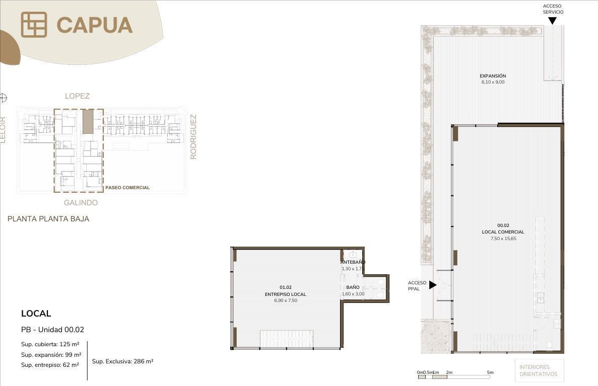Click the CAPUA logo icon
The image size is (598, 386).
(x=34, y=25)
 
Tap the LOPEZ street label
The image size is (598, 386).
(x=77, y=96)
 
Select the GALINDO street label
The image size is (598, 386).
(x=81, y=203)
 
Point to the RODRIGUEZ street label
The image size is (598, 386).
(x=193, y=137)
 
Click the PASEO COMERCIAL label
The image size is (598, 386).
(x=127, y=188)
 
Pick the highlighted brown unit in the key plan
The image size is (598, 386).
(x=88, y=122)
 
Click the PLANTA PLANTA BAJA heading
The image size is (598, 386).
(x=48, y=219)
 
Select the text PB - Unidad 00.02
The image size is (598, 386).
(x=52, y=330)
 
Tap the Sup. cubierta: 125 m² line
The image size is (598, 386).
(x=50, y=344)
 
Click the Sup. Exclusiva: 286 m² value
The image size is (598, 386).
(x=123, y=361)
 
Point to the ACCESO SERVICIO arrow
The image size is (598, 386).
(x=552, y=21)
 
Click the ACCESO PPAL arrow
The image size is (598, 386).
(x=433, y=285)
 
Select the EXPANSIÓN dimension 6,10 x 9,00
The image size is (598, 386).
(x=493, y=82)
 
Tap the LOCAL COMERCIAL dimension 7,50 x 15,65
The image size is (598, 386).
(x=503, y=239)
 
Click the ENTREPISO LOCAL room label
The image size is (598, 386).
(x=285, y=294)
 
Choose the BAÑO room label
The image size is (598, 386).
(x=353, y=287)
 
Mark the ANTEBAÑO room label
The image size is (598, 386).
(x=353, y=262)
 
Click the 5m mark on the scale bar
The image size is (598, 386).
(x=490, y=372)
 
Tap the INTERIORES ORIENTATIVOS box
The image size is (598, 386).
(x=539, y=370)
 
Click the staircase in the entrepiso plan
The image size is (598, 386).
(x=287, y=339)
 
